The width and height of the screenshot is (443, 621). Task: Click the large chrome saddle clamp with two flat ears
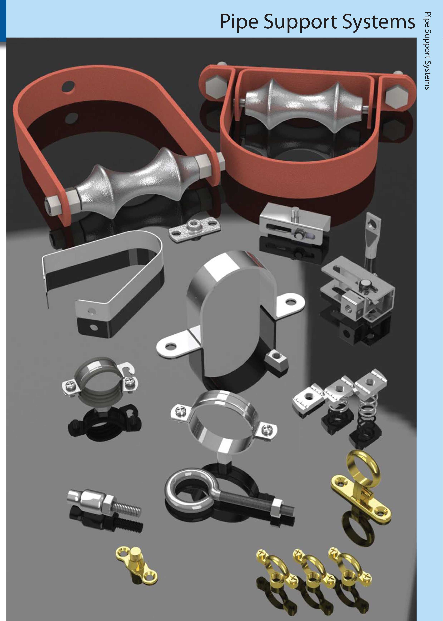[x=232, y=314]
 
